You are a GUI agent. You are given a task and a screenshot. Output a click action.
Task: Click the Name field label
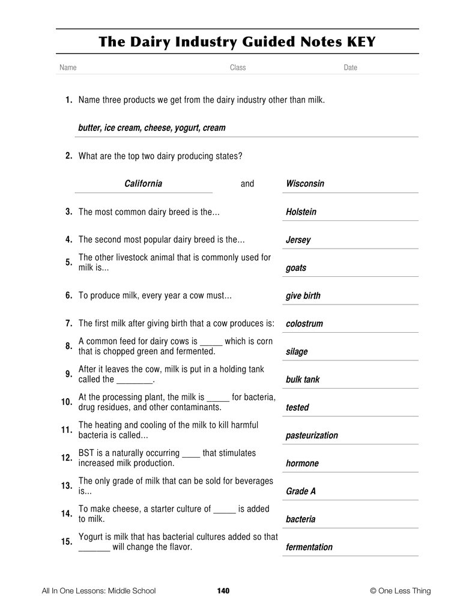68,68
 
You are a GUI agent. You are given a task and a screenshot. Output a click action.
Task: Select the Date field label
350,68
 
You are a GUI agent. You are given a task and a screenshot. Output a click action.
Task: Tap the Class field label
238,68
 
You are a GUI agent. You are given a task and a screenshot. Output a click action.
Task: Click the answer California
143,183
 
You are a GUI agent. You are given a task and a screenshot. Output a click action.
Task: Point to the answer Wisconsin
305,184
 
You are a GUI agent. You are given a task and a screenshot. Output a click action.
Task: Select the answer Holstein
301,212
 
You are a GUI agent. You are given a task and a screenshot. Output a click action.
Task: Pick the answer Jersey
298,240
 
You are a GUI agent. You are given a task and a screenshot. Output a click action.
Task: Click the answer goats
296,268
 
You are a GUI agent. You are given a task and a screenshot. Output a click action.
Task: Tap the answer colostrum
304,324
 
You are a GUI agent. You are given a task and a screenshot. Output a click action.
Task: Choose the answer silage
297,352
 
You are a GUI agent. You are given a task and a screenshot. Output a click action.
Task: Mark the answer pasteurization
312,435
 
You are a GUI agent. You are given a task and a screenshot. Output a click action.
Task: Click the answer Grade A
301,491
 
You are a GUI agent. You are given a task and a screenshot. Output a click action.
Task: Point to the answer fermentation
309,547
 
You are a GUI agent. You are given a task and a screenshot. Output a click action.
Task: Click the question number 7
69,323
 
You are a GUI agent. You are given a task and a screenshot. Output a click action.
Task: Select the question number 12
67,458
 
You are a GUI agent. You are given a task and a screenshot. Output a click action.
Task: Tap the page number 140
223,591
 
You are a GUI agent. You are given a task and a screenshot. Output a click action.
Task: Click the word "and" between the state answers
247,184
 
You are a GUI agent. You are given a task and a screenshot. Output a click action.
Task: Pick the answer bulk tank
303,380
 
